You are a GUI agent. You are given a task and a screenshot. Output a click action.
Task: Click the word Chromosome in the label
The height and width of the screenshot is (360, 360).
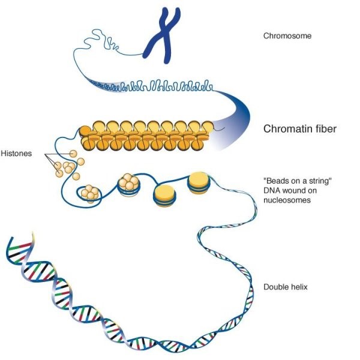(287, 36)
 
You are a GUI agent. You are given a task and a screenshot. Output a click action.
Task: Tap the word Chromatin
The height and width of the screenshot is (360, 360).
(286, 129)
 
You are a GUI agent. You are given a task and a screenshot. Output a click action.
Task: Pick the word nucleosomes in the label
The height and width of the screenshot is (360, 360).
(286, 201)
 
